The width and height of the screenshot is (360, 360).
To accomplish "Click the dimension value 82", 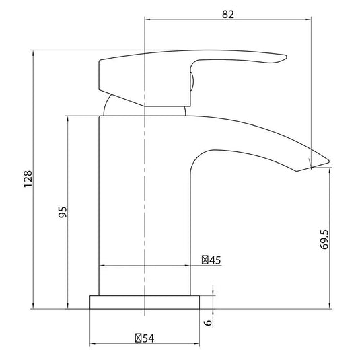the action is coord(228,15).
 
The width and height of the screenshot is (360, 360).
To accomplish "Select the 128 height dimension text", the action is coord(28,179).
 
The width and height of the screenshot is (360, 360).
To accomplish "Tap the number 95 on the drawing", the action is coord(63,212).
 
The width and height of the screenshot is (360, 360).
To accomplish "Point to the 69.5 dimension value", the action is coord(324,240).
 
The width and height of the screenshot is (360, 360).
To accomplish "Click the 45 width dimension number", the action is coord(215,260).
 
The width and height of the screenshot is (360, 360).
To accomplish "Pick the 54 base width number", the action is coord(148,338).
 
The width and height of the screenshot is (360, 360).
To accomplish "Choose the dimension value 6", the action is coord(208,322).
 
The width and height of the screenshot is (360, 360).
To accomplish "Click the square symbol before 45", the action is coord(205,260).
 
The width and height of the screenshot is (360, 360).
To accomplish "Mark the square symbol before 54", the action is coord(138,338).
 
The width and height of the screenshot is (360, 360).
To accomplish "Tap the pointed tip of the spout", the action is coord(329,161).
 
